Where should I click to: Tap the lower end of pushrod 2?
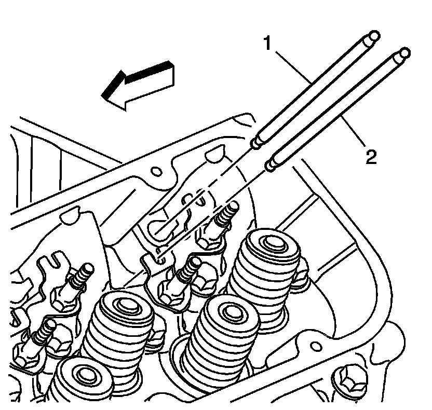(x=271, y=166)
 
